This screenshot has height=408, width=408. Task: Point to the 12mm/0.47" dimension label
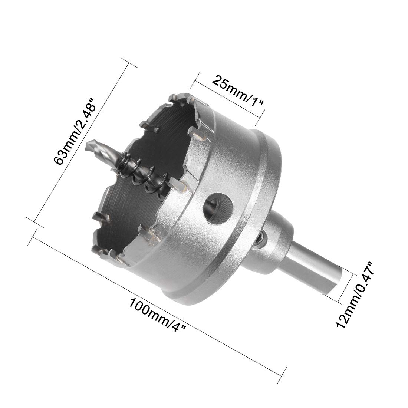355,295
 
